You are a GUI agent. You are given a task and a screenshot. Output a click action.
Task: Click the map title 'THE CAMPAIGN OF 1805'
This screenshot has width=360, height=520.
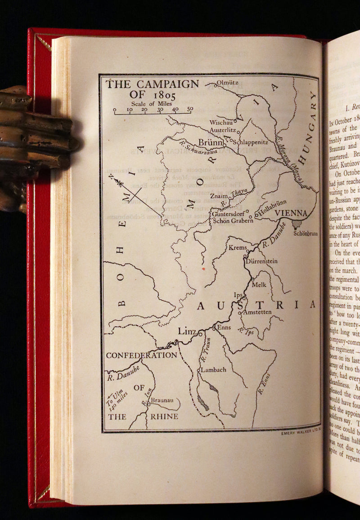click(152, 89)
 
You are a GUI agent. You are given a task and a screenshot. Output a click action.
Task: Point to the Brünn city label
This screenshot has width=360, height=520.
click(211, 143)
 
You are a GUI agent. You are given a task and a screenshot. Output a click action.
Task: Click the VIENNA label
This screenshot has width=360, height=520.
click(291, 213)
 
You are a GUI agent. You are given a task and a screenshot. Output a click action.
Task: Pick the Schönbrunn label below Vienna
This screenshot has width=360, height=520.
click(306, 233)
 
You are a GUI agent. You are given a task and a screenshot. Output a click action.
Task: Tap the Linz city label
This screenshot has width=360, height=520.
click(187, 332)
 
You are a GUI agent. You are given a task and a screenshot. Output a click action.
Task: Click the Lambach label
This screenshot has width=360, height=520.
click(213, 370)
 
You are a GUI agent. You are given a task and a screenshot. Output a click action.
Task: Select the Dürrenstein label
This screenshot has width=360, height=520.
click(262, 261)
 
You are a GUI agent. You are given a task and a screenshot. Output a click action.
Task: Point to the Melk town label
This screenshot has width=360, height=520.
click(259, 284)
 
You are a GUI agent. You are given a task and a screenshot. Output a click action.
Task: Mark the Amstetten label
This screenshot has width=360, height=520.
click(257, 312)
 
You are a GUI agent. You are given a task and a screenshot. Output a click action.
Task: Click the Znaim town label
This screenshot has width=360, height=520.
click(218, 196)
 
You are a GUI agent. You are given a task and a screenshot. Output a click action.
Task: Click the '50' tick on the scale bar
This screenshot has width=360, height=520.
click(190, 109)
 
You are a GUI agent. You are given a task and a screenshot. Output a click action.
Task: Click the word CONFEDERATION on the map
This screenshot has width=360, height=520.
click(141, 355)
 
